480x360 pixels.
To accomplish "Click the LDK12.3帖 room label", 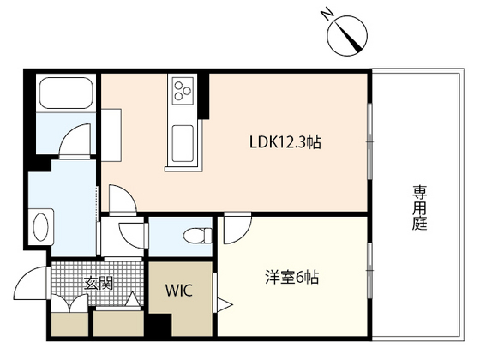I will click(x=285, y=142).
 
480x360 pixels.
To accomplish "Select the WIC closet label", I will click(x=180, y=290).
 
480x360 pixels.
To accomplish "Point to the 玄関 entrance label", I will click(x=98, y=283).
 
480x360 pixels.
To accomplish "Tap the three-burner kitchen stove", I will click(x=183, y=89).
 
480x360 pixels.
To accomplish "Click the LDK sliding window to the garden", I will click(x=369, y=137).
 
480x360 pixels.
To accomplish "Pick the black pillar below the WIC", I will click(x=158, y=327).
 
